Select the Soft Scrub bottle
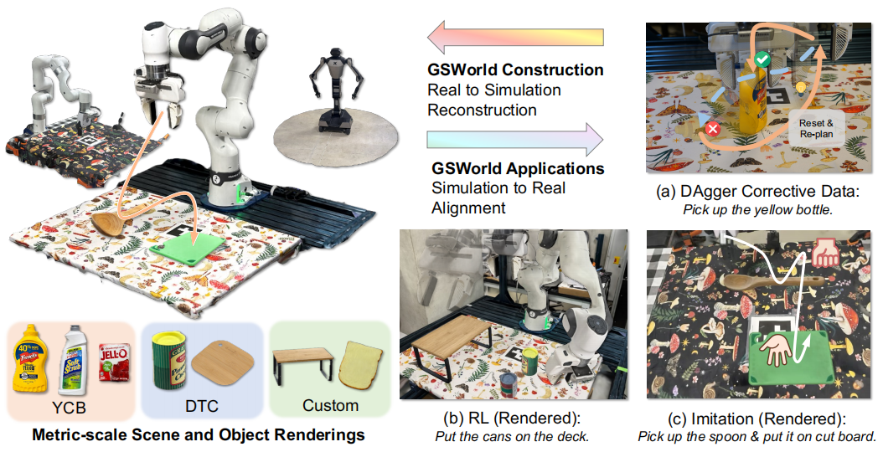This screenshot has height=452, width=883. point(73,362)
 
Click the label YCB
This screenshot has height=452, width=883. point(71,408)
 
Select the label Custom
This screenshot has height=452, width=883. point(330,406)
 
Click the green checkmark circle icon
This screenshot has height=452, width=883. point(762,59)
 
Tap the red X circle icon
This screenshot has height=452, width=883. point(713,130)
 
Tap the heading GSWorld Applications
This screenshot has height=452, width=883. point(517,168)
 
